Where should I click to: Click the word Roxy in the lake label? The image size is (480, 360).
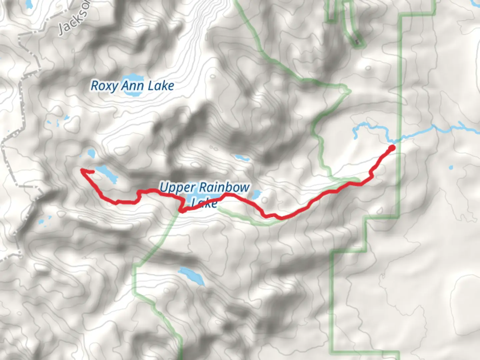coord(104,86)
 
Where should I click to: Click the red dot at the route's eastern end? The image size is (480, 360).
coord(392,148)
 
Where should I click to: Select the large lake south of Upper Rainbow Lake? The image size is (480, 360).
coord(192,276)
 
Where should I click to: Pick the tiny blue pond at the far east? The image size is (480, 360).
coord(451,167)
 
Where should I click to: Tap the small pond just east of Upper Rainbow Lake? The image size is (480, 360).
coord(256,194)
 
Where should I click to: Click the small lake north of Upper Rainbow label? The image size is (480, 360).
coord(242,158)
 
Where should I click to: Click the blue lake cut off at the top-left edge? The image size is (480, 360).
coord(28,4)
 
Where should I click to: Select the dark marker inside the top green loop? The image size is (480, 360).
coord(357,42)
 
